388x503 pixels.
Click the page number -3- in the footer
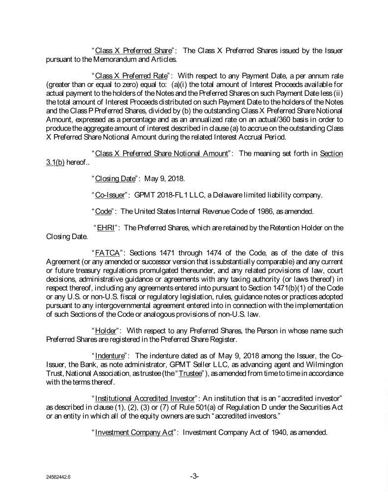194,476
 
